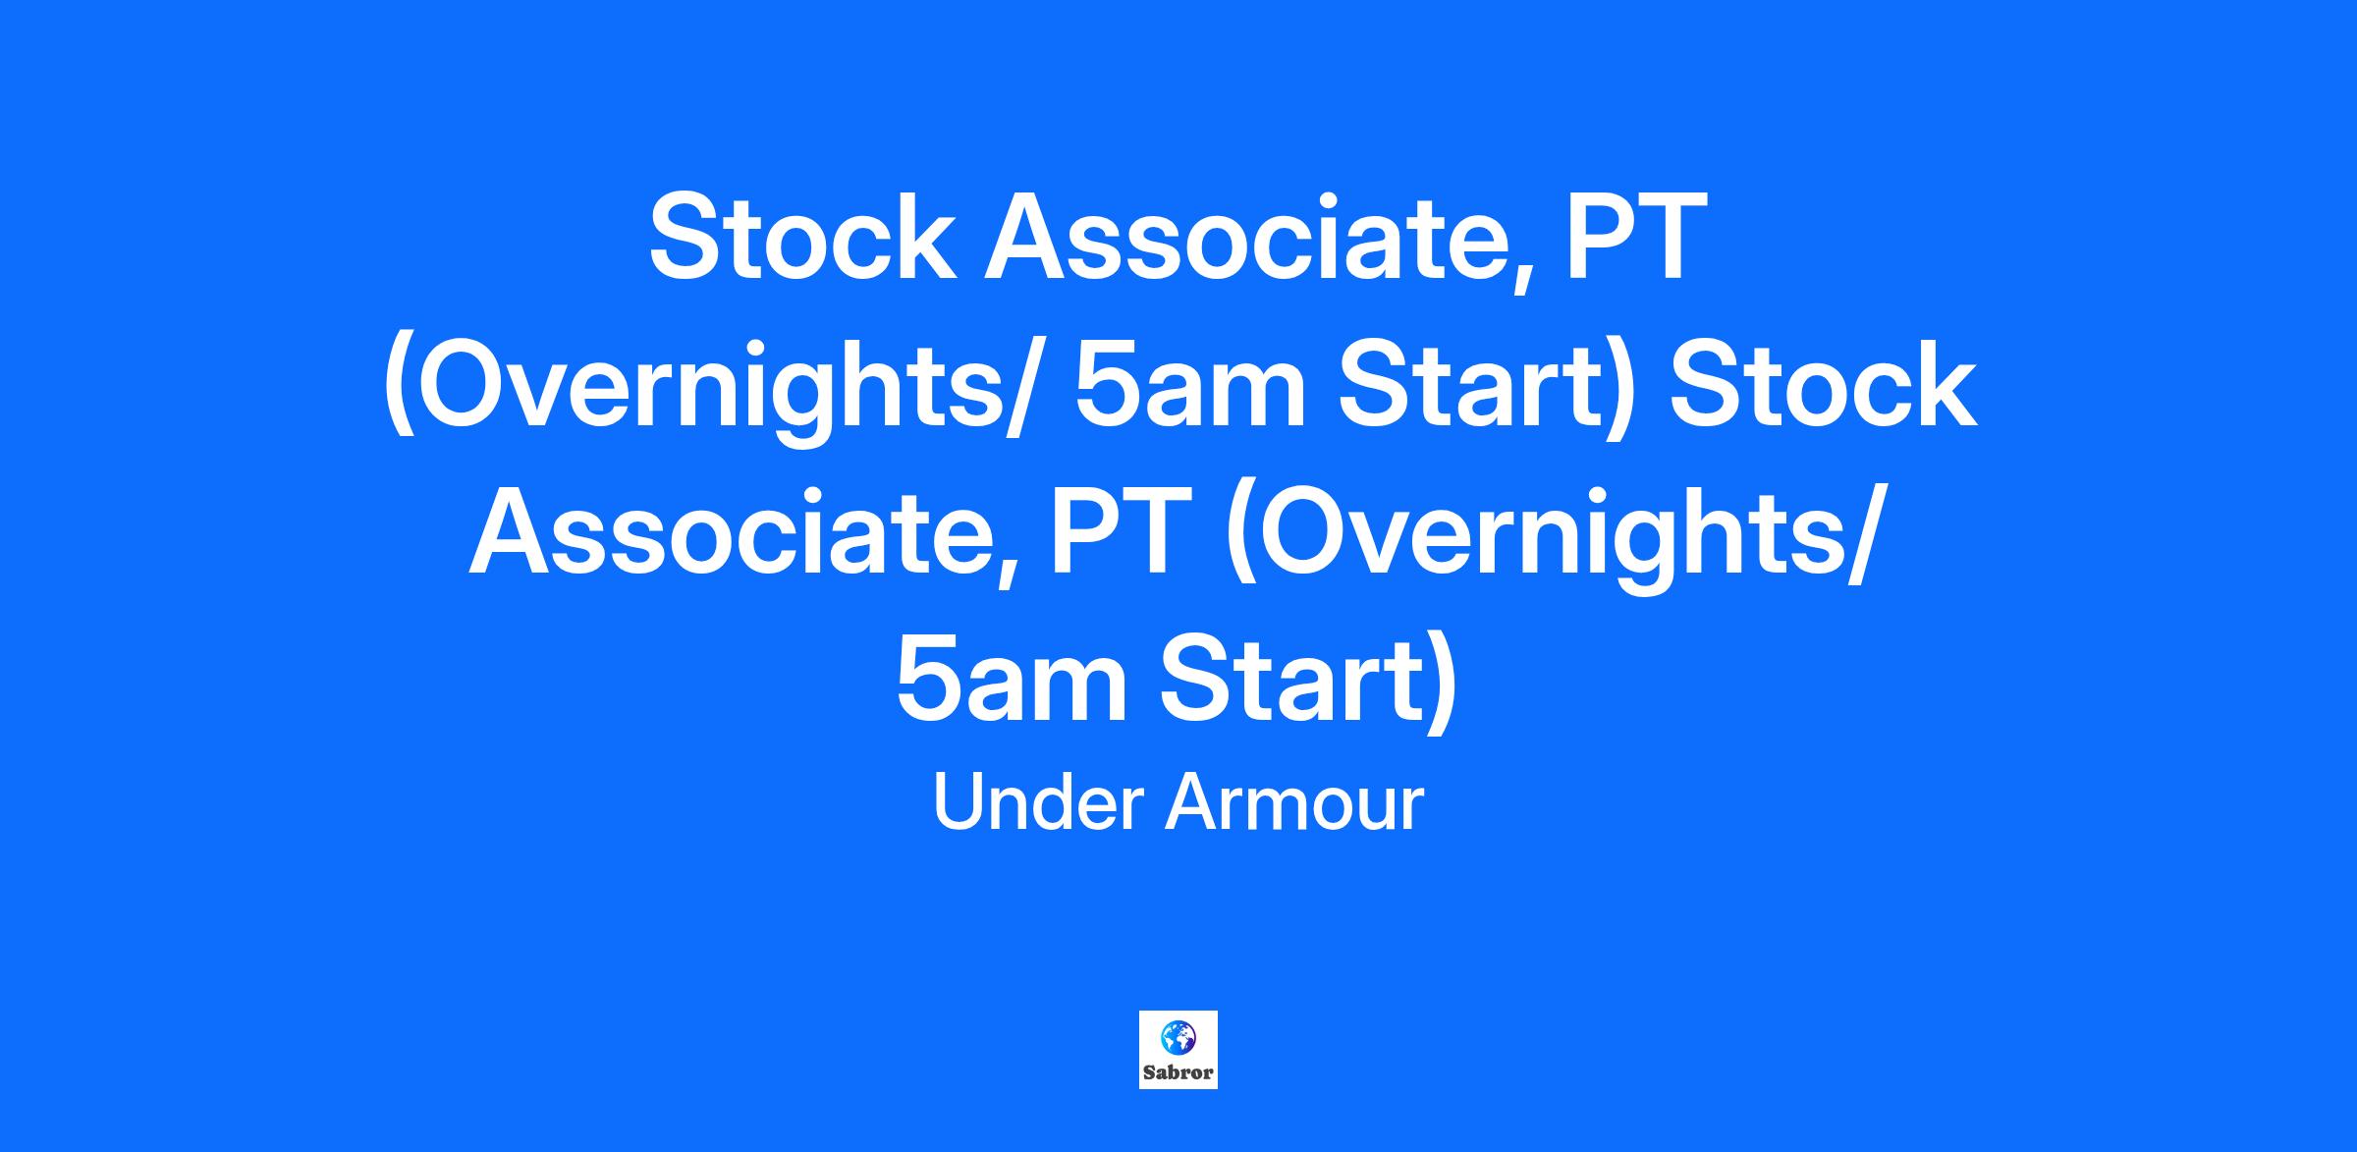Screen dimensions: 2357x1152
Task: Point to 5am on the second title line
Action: (x=1190, y=386)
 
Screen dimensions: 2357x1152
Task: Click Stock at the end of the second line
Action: (x=1823, y=386)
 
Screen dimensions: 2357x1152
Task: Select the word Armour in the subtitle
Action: (x=1294, y=802)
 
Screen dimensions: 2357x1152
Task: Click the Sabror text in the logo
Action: (x=1178, y=1072)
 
